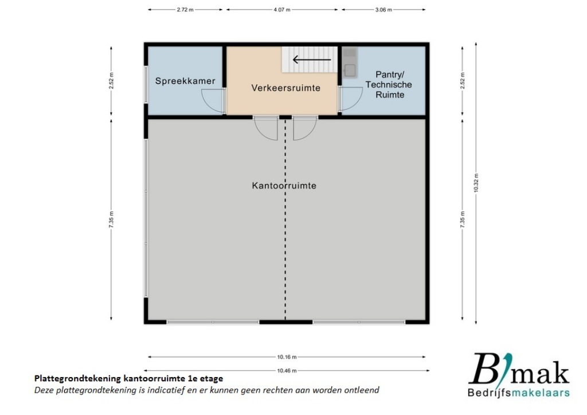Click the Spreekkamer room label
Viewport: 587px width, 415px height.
pyautogui.click(x=185, y=81)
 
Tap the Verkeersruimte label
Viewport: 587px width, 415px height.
pyautogui.click(x=285, y=88)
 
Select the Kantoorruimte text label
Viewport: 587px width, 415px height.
pyautogui.click(x=284, y=186)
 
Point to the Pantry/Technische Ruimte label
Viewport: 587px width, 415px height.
pyautogui.click(x=389, y=85)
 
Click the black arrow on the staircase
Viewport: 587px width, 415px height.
pyautogui.click(x=312, y=60)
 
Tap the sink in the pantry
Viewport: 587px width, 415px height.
pyautogui.click(x=350, y=70)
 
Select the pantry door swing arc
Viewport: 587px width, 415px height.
pyautogui.click(x=352, y=99)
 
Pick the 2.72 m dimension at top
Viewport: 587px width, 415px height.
pyautogui.click(x=185, y=10)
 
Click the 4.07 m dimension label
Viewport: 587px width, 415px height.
pyautogui.click(x=282, y=10)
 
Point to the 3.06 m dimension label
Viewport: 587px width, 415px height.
pyautogui.click(x=383, y=10)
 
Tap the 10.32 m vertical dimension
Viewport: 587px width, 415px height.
pyautogui.click(x=476, y=183)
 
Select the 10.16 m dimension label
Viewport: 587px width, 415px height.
pyautogui.click(x=287, y=357)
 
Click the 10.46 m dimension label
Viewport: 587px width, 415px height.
pyautogui.click(x=287, y=371)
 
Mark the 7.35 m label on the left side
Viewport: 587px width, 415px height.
pyautogui.click(x=111, y=220)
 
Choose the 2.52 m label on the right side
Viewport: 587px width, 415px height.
pyautogui.click(x=463, y=81)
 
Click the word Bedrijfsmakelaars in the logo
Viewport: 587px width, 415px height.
pyautogui.click(x=518, y=393)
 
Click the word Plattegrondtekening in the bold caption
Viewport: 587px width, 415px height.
pyautogui.click(x=78, y=379)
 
